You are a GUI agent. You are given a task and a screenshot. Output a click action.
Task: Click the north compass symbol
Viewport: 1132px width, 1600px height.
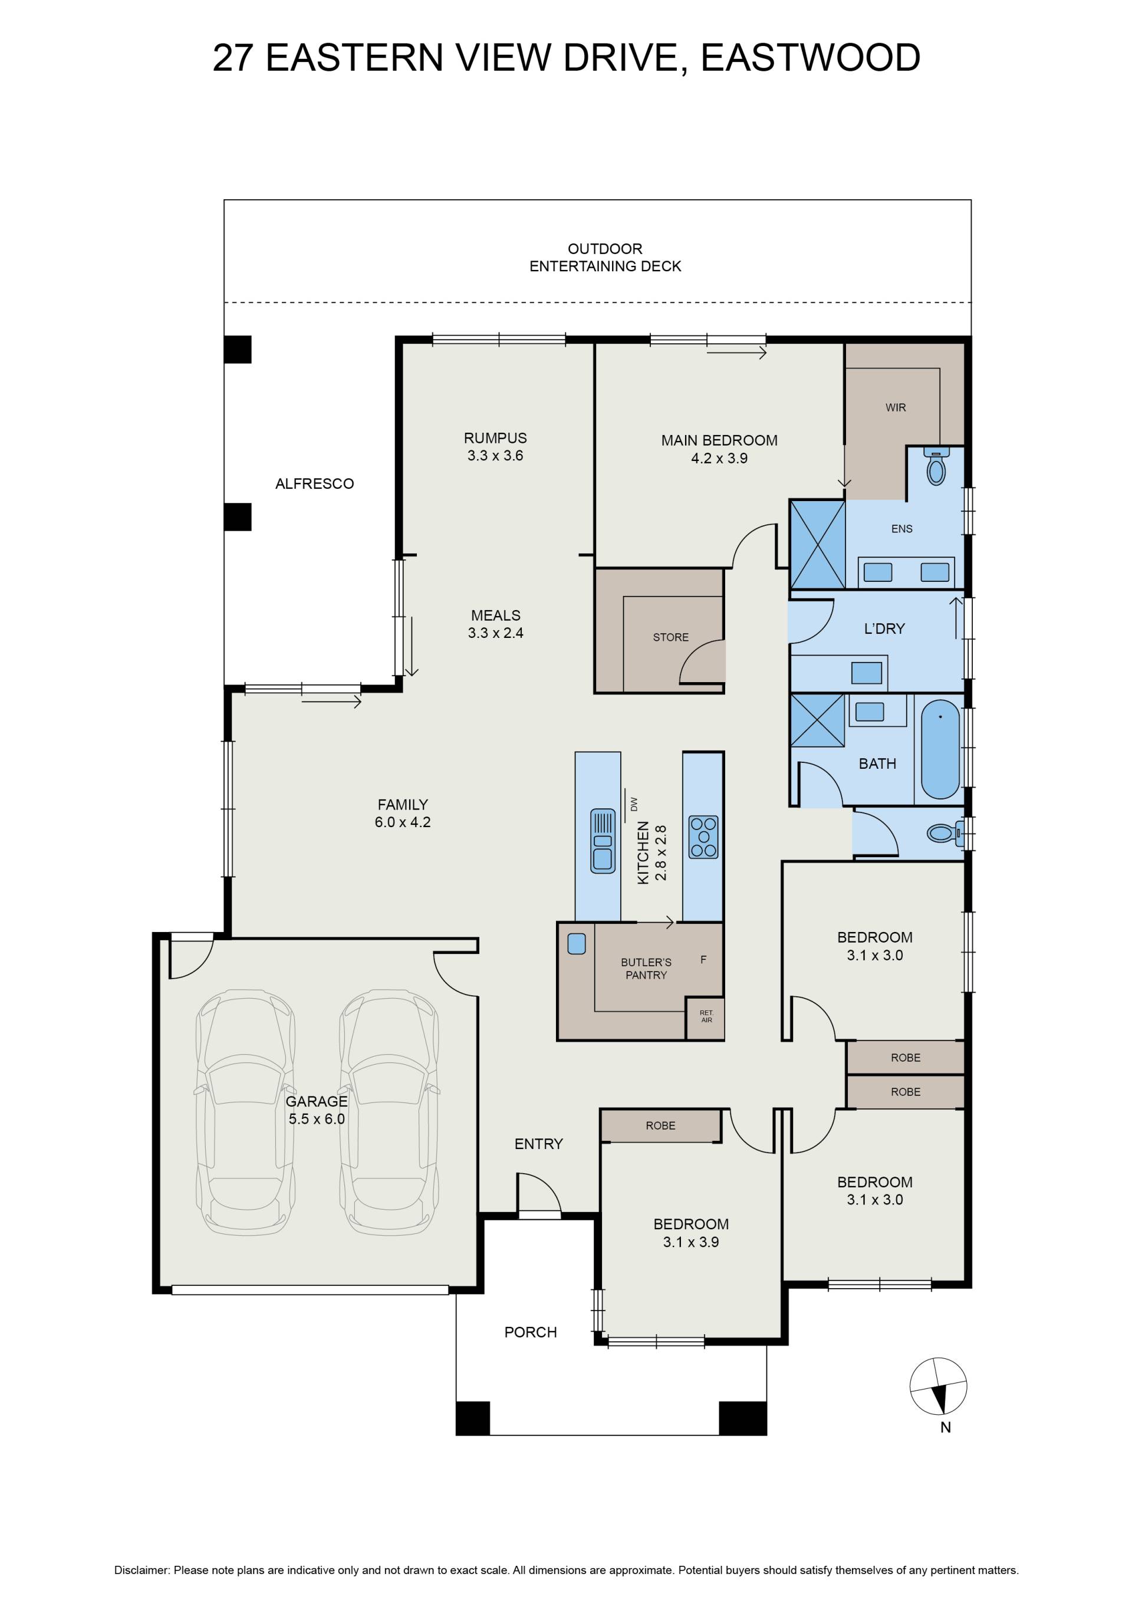[x=938, y=1387]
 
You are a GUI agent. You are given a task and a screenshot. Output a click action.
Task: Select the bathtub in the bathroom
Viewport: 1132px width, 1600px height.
[x=940, y=750]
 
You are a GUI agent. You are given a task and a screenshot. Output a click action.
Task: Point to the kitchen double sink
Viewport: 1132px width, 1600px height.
[x=602, y=841]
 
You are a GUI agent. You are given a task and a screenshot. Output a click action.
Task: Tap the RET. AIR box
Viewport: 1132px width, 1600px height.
[x=706, y=1016]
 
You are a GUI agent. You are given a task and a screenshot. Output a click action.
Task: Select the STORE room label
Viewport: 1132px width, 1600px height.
[x=670, y=637]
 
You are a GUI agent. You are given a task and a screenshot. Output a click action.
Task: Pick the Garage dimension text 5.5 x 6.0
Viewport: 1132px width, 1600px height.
[x=317, y=1119]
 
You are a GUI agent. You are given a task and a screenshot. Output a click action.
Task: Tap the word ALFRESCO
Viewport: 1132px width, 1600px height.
[x=314, y=483]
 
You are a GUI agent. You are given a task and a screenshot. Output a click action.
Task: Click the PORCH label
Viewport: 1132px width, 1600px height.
[x=531, y=1332]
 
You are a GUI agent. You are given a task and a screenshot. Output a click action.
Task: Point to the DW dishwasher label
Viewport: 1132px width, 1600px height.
[x=634, y=804]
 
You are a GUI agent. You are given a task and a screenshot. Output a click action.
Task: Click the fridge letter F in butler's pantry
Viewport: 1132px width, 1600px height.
[x=703, y=960]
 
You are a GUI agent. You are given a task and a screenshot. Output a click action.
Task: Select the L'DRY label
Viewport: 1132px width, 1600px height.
[x=884, y=628]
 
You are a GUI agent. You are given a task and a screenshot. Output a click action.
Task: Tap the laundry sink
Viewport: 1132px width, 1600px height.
[x=867, y=673]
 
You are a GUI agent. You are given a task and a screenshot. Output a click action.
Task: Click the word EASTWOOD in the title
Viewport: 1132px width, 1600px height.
[x=811, y=57]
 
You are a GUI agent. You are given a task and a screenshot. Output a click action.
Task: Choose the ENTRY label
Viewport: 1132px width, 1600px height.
[x=538, y=1144]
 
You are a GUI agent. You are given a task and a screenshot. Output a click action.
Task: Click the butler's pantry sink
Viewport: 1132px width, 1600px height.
[x=577, y=944]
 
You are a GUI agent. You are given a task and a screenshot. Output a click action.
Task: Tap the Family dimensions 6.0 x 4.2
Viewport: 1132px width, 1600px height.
[x=403, y=822]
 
